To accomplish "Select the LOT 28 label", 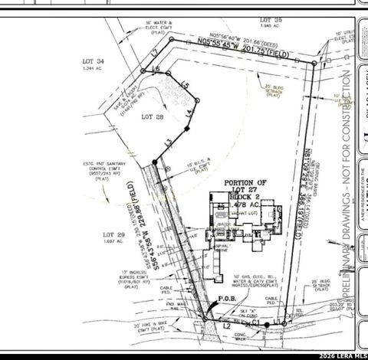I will tap(153, 117).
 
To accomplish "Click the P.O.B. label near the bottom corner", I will tap(226, 299).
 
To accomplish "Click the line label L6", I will tap(156, 70).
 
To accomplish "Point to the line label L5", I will tap(184, 84).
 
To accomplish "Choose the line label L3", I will tap(166, 142).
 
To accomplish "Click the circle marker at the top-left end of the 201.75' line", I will tap(171, 39).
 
